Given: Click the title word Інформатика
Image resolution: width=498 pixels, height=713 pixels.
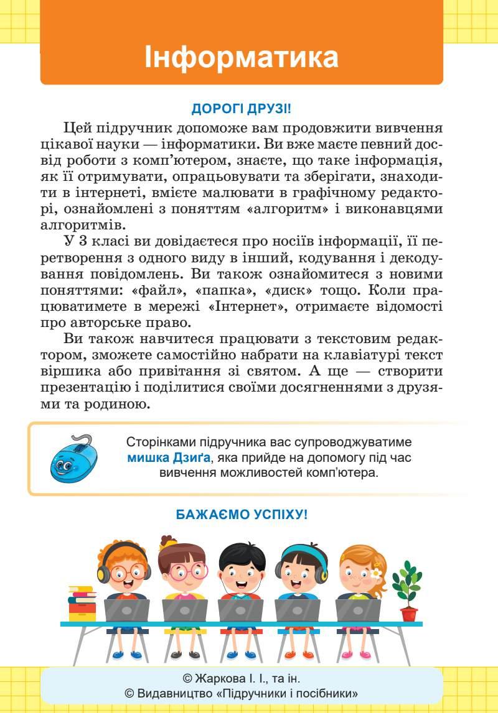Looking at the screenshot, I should click(242, 57).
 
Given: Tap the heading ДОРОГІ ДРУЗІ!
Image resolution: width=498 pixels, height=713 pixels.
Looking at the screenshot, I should click(241, 109).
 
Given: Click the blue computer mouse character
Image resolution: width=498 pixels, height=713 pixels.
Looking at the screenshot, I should click(71, 459).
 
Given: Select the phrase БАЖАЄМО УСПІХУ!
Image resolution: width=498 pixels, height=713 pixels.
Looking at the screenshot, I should click(242, 515).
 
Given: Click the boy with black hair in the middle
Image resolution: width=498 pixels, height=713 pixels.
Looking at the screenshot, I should click(242, 569).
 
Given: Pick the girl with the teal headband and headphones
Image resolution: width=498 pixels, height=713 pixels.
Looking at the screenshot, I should click(302, 569).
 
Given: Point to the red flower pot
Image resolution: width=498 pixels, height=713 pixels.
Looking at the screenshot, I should click(409, 614).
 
